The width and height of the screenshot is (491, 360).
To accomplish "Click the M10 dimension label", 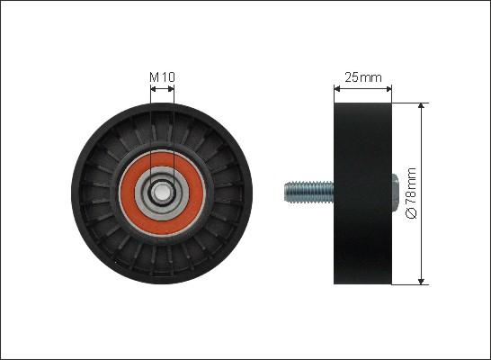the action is pos(162,77).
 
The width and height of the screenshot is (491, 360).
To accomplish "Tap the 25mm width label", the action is pos(363,77).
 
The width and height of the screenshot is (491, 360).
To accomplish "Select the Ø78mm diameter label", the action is pos(411,193).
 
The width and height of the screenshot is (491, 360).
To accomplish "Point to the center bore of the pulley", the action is pos(162,192).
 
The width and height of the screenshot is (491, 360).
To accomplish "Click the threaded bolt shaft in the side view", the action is pos(308,193).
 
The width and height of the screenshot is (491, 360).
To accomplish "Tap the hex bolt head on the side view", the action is pos(395,193).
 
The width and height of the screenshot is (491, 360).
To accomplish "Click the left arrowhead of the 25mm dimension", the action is pos(337,89).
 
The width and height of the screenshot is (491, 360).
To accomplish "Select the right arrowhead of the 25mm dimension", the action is pos(388,89).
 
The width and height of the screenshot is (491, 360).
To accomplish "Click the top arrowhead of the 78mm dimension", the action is pos(422,105).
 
